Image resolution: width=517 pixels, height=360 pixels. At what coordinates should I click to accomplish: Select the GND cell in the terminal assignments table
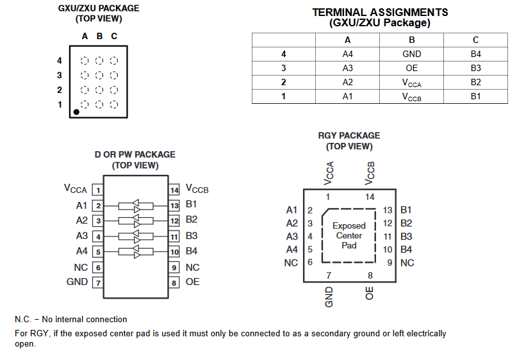click(x=412, y=54)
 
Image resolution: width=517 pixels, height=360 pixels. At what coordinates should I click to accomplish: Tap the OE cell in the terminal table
click(x=412, y=69)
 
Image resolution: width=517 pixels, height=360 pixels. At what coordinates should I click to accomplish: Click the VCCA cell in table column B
click(x=412, y=83)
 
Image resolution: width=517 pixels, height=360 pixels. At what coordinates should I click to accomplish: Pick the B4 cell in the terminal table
click(x=475, y=54)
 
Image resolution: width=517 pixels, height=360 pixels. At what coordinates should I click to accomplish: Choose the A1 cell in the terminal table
click(x=348, y=97)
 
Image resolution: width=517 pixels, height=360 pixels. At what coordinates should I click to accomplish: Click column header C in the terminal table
click(x=475, y=40)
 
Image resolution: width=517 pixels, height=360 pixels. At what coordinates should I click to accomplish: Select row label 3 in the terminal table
click(x=283, y=69)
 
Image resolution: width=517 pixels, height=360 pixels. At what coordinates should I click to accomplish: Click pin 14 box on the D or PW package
click(x=174, y=190)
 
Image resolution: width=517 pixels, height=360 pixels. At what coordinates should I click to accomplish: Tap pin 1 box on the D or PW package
click(x=97, y=190)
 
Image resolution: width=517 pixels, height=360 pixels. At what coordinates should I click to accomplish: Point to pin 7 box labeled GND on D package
click(x=97, y=282)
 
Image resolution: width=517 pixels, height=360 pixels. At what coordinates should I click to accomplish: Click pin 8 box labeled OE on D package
click(x=174, y=282)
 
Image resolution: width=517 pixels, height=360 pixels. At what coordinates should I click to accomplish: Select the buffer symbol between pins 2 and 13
click(x=136, y=206)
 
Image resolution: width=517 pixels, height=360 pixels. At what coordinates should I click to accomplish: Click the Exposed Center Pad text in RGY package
click(x=349, y=236)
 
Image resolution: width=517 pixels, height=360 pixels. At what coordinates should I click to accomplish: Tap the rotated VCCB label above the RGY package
click(x=370, y=172)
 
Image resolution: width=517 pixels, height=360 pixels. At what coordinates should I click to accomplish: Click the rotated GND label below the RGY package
click(x=329, y=297)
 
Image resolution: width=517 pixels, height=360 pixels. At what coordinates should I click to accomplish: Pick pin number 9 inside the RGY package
click(x=389, y=263)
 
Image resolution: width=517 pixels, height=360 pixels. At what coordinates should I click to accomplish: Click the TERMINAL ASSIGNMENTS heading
click(x=380, y=12)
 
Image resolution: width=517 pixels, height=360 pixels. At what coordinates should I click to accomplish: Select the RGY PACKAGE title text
click(x=349, y=136)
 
